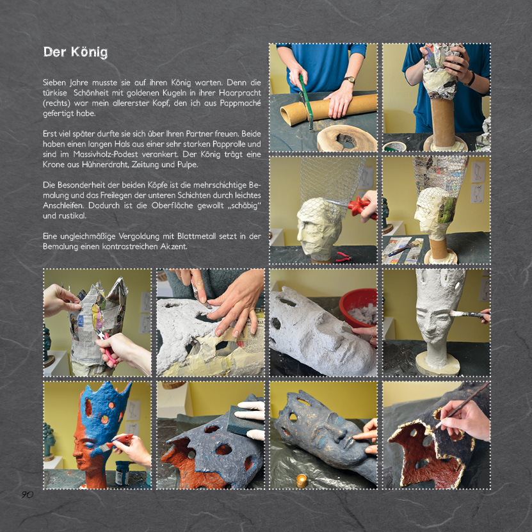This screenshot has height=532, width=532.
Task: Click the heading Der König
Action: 76,52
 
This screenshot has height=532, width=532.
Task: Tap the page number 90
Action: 28,495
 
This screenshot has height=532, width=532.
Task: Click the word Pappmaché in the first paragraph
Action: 241,103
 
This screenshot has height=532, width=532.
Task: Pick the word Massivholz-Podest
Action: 106,154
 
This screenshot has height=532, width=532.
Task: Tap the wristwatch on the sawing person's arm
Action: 350,80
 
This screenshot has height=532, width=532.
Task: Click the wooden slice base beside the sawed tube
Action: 347,138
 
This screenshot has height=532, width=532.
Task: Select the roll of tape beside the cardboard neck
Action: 394,147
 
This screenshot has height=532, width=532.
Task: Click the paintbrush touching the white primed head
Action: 469,314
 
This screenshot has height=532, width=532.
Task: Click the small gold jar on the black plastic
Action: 302,481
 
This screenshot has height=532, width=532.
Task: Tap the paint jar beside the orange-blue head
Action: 122,472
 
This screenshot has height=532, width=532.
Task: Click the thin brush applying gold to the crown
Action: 462,405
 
